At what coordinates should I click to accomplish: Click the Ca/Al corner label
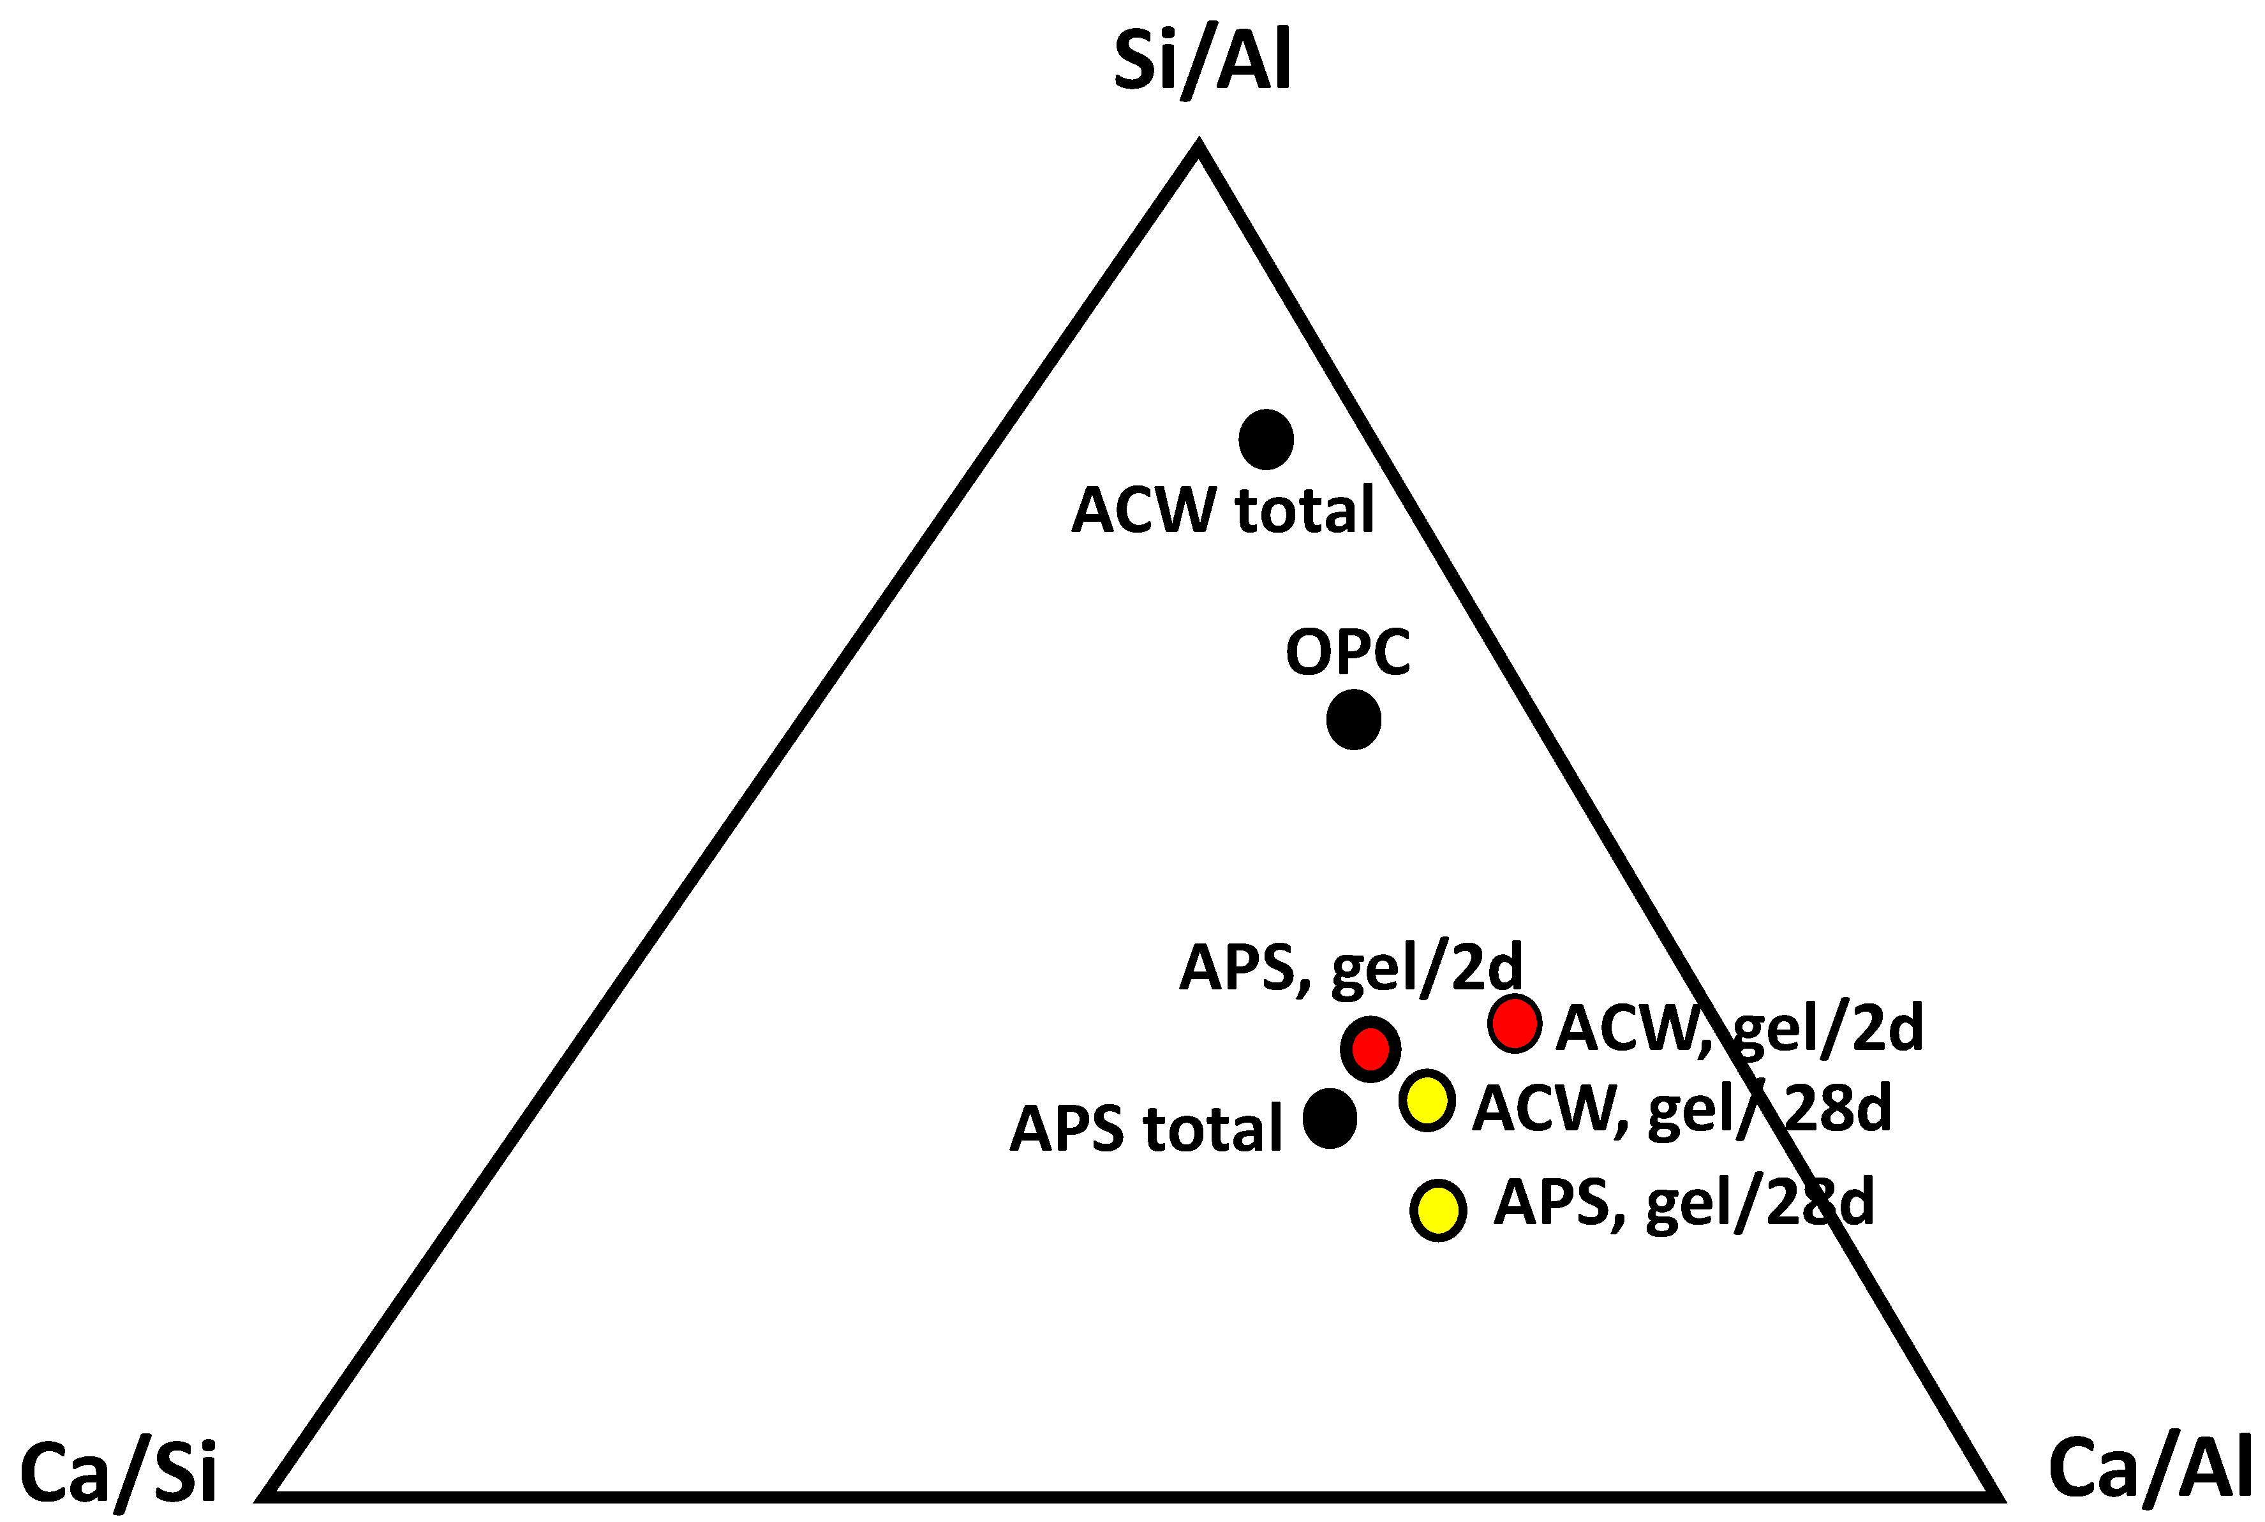(x=2150, y=1468)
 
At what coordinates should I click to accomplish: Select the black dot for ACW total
(x=1266, y=439)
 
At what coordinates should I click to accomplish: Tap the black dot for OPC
(x=1353, y=720)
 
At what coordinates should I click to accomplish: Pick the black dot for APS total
(x=1329, y=1118)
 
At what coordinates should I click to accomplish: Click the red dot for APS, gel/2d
(x=1370, y=1048)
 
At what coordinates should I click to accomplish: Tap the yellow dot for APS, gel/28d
(x=1438, y=1209)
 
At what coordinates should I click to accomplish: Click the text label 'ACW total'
(x=1222, y=510)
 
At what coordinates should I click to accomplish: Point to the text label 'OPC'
(x=1348, y=653)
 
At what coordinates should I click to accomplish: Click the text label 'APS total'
(x=1146, y=1129)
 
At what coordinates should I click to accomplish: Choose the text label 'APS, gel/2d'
(x=1351, y=969)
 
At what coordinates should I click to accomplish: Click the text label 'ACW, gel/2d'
(x=1739, y=1029)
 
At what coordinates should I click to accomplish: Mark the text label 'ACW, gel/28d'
(x=1681, y=1109)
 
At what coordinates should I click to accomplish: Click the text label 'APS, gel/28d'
(x=1684, y=1204)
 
